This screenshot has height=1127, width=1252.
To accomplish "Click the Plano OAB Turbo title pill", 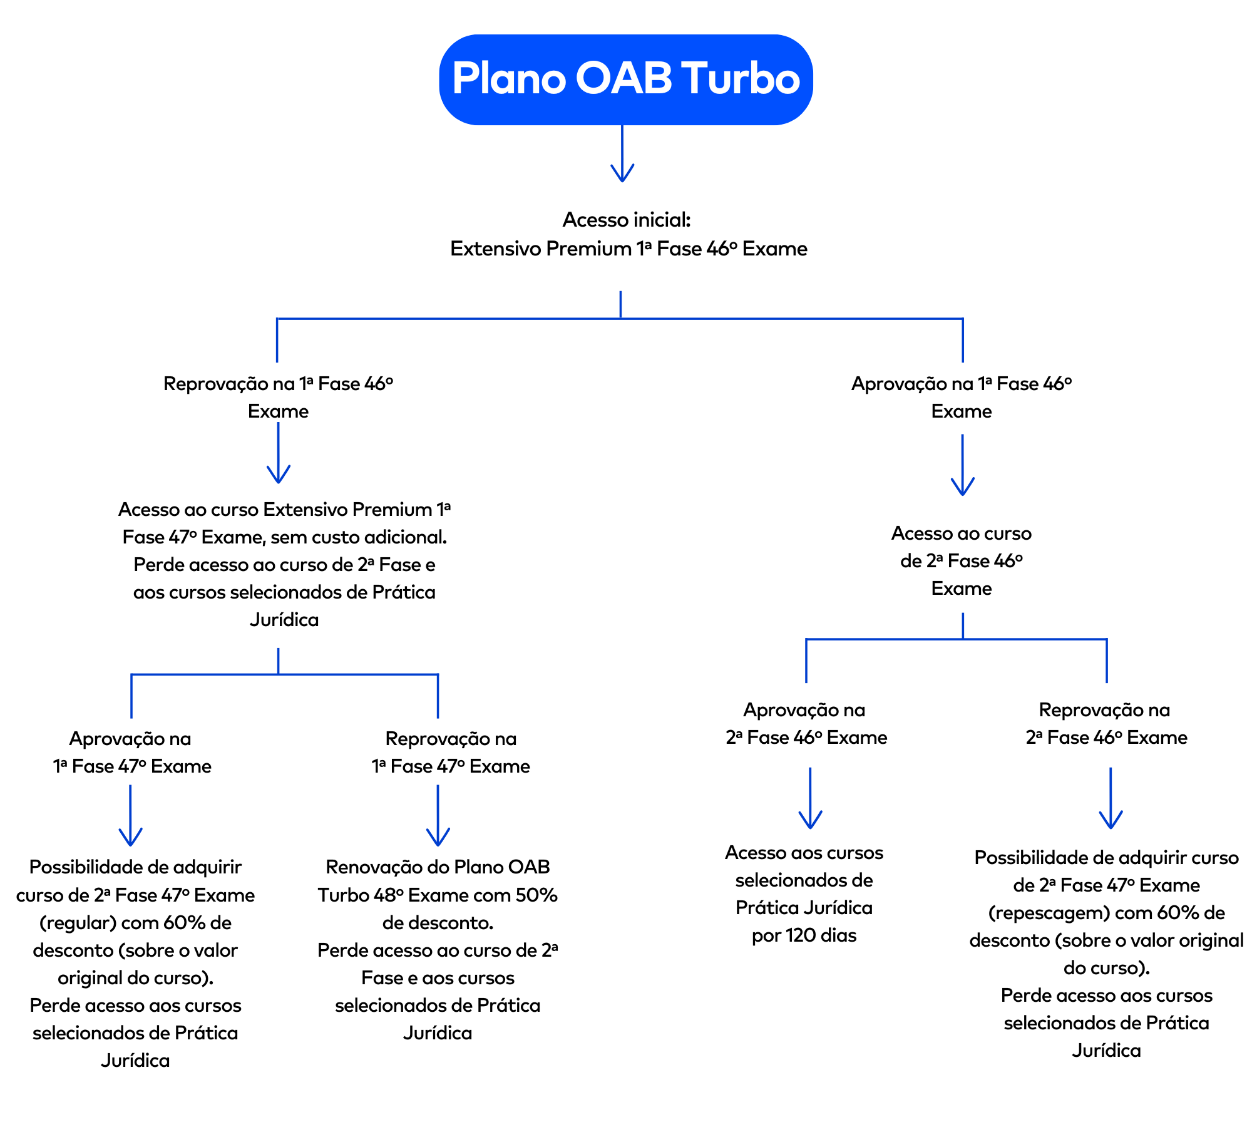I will pos(625,80).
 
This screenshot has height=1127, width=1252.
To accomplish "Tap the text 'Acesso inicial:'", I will pos(626,220).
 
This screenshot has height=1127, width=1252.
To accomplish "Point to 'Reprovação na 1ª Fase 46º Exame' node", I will pos(278,397).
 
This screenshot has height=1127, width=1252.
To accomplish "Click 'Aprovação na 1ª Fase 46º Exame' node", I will pos(962,397).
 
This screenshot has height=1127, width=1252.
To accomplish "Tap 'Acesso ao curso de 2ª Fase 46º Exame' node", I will pos(962,561).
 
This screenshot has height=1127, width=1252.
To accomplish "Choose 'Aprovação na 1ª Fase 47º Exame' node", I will pos(131,752).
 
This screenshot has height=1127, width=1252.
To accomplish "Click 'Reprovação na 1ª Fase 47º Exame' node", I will pos(451,752).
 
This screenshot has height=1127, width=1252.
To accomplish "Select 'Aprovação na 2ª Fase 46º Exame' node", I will pos(806,723).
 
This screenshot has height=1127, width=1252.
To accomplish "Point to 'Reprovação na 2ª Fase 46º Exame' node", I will pos(1106,723).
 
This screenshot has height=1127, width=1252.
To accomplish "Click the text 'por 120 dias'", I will pos(804,935).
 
